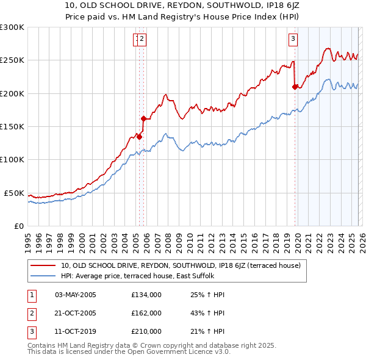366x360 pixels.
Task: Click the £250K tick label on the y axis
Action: (x=12, y=60)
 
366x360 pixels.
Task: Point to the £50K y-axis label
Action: (x=15, y=193)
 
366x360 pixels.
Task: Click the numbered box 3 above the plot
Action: (x=293, y=40)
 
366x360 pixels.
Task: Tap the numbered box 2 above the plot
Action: (x=142, y=40)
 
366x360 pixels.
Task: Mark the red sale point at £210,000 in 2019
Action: (x=295, y=87)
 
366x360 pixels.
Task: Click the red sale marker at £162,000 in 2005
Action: (x=144, y=118)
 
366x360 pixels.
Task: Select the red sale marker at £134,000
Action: (x=139, y=137)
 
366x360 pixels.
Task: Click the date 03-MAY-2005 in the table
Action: (x=76, y=294)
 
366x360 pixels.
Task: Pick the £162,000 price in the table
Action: (x=146, y=312)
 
